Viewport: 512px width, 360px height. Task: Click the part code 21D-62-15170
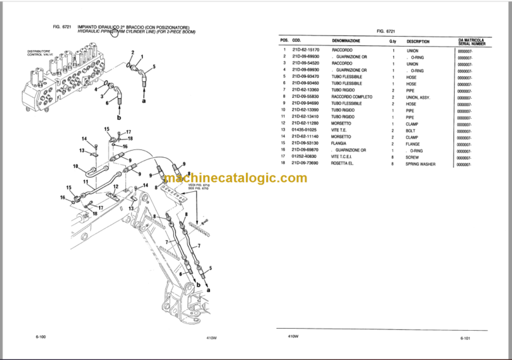pyautogui.click(x=305, y=51)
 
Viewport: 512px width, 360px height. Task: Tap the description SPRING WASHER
pyautogui.click(x=420, y=164)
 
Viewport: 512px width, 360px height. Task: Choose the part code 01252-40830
pyautogui.click(x=305, y=157)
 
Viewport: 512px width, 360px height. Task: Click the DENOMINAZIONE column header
pyautogui.click(x=346, y=41)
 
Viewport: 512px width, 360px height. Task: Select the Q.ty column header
pyautogui.click(x=393, y=41)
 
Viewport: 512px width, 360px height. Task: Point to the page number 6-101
pyautogui.click(x=465, y=339)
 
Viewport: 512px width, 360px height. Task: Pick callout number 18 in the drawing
pyautogui.click(x=130, y=139)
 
